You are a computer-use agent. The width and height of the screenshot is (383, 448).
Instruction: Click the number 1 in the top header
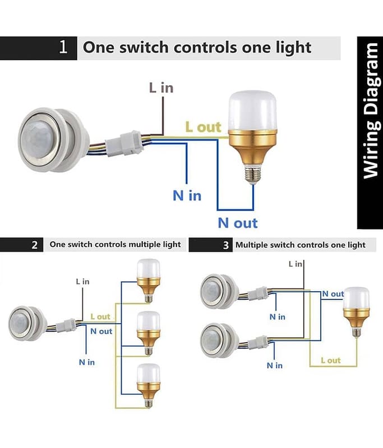pos(63,47)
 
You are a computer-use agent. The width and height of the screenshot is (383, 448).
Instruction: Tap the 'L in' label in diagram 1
pos(161,87)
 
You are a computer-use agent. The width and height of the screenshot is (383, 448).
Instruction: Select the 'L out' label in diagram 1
pos(203,127)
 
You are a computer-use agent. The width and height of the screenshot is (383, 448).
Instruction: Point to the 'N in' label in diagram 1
pos(187,195)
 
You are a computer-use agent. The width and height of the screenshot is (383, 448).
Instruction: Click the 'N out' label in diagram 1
pos(238,222)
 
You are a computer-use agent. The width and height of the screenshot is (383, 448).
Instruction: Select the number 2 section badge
pos(35,245)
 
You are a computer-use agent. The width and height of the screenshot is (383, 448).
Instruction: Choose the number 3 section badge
pos(225,245)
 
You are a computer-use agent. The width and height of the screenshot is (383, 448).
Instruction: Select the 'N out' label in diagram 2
pos(101,331)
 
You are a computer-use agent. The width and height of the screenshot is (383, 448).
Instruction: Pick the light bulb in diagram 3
pos(356,310)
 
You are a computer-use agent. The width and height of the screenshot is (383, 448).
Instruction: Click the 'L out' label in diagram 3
pos(331,360)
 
